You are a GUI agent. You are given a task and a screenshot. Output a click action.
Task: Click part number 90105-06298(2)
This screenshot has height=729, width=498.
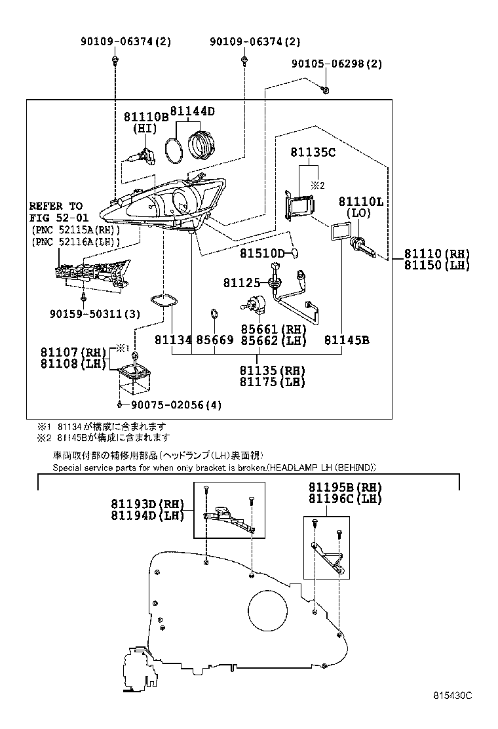click(336, 64)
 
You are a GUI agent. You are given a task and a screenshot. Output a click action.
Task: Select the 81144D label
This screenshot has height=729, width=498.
click(193, 111)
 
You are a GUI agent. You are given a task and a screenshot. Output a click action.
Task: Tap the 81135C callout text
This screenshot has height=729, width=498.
click(313, 152)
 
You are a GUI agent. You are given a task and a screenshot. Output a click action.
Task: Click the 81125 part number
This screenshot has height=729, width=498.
click(240, 283)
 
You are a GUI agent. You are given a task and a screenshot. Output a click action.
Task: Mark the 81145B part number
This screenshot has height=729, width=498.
click(347, 340)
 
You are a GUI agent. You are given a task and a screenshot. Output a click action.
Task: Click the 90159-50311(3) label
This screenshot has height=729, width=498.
click(94, 314)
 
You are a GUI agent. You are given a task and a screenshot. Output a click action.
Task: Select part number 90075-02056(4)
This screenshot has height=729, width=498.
click(173, 405)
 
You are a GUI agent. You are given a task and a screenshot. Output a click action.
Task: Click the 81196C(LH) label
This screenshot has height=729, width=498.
click(345, 498)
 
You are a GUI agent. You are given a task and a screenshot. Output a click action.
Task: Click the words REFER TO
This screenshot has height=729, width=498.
click(56, 206)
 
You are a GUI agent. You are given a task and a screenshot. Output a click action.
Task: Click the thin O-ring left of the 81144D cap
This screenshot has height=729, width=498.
click(173, 150)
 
